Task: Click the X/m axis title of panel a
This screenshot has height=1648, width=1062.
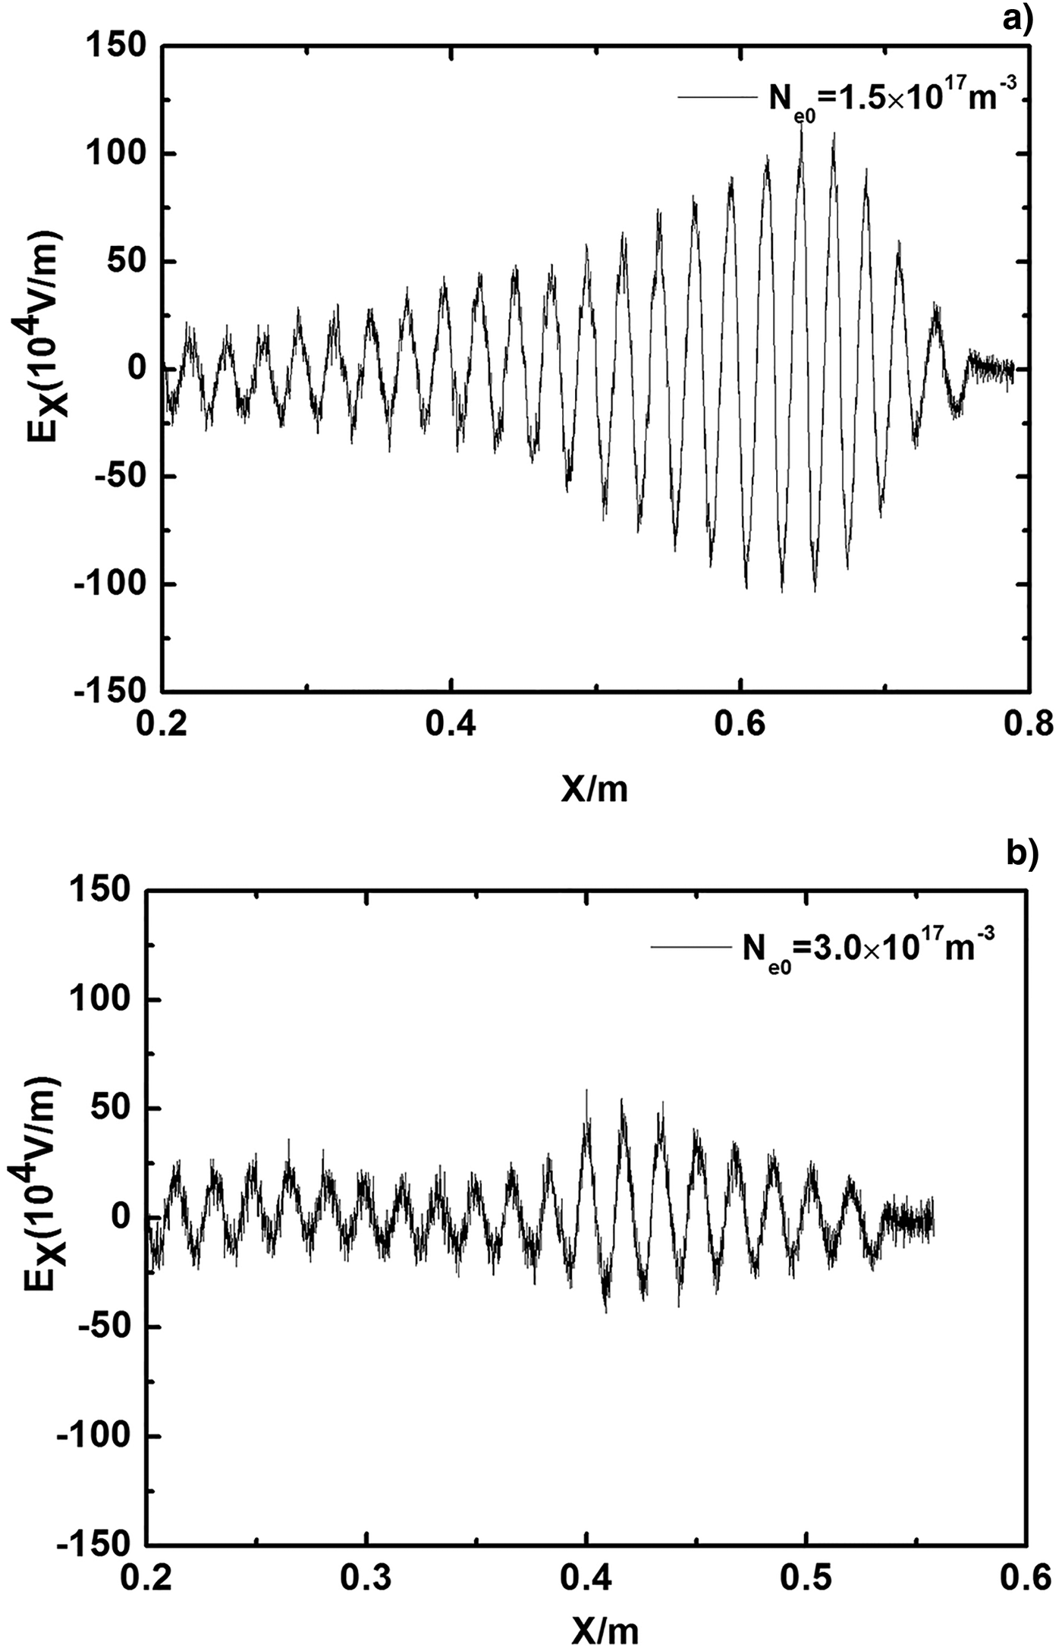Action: tap(595, 790)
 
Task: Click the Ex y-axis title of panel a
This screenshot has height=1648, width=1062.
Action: tap(46, 364)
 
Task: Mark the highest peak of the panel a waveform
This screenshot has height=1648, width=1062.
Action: tap(801, 124)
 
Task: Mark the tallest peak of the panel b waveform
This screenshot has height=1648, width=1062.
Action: tap(586, 1090)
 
